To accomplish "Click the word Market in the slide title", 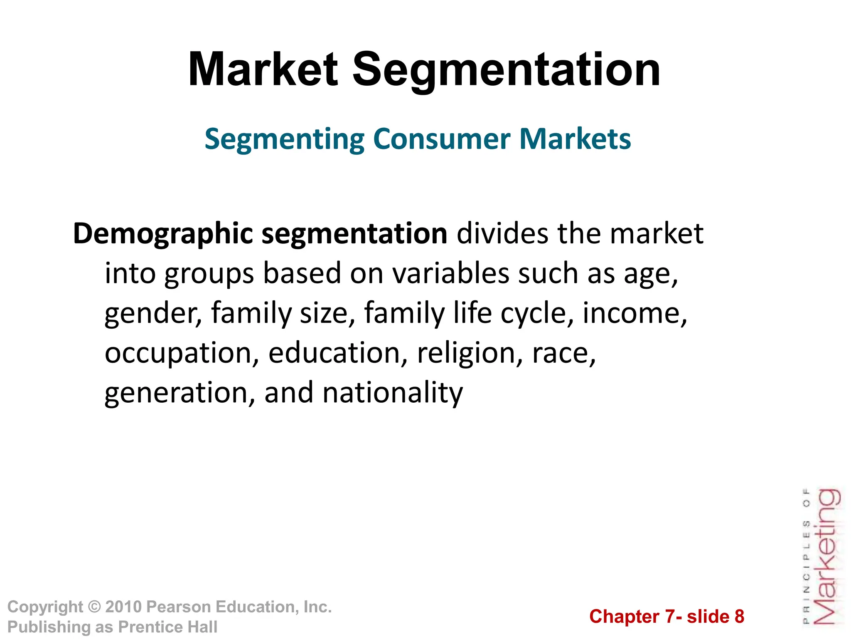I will (x=263, y=70).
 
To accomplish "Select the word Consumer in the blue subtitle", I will (x=442, y=139).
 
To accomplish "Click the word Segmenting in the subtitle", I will (x=284, y=140).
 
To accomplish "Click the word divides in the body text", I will (x=502, y=233).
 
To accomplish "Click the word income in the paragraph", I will (x=635, y=313).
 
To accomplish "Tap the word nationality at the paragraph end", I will (x=392, y=393).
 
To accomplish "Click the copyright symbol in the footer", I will (x=95, y=607).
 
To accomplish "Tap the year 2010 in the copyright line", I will (x=123, y=607).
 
